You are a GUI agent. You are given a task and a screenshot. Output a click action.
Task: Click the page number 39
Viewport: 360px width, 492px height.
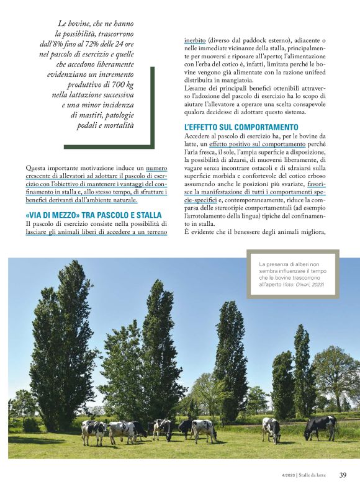tap(343, 475)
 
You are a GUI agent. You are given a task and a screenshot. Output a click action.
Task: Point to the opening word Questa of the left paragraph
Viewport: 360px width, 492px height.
tap(37, 168)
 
